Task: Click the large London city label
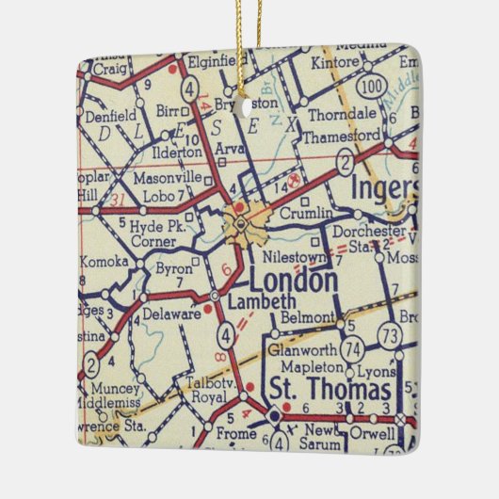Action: point(293,282)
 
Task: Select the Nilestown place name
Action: point(296,256)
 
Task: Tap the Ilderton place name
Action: point(175,151)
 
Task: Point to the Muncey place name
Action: point(115,387)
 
